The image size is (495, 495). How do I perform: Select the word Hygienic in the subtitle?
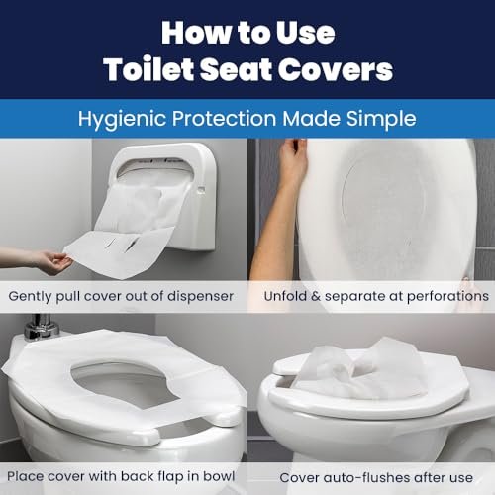pyautogui.click(x=122, y=119)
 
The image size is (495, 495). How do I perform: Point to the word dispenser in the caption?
pyautogui.click(x=201, y=296)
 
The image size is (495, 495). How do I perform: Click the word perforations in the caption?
pyautogui.click(x=447, y=296)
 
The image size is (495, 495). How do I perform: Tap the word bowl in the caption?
pyautogui.click(x=219, y=476)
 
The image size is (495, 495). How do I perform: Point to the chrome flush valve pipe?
pyautogui.click(x=42, y=328)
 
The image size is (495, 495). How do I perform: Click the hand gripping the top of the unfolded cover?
pyautogui.click(x=293, y=155)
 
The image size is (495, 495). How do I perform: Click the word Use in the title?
pyautogui.click(x=305, y=33)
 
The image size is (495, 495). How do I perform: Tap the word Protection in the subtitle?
pyautogui.click(x=224, y=119)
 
